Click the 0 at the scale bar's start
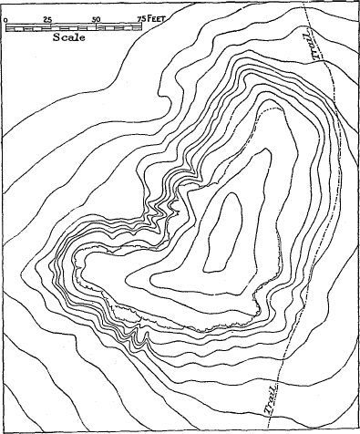[x=6, y=19]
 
